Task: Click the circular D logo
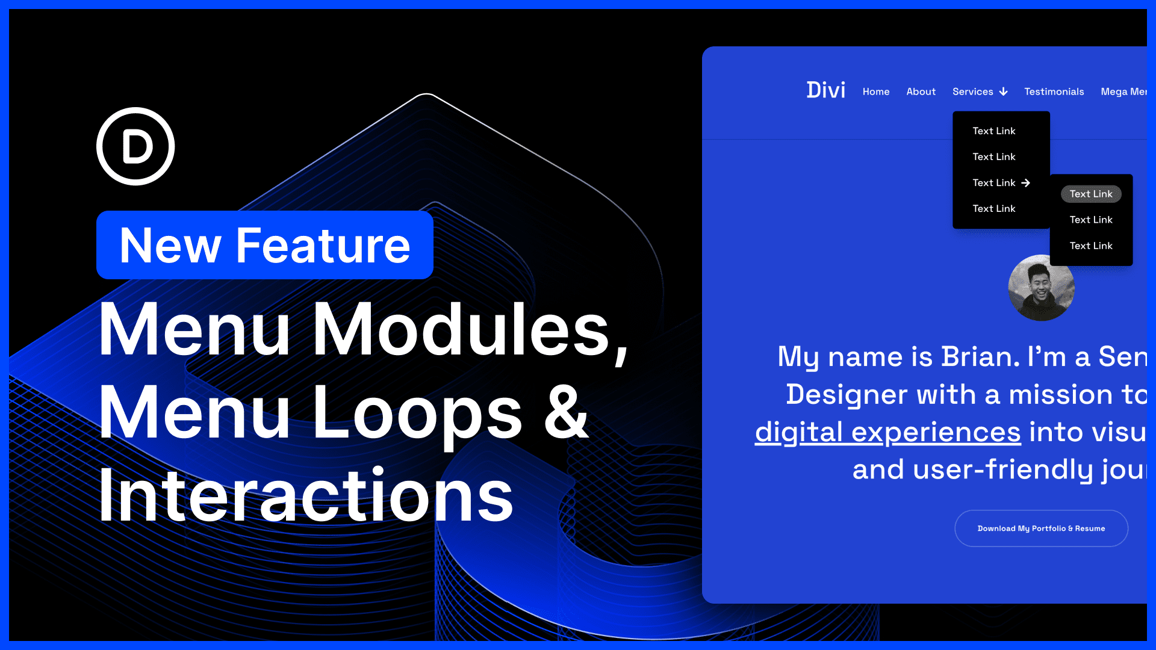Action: [135, 146]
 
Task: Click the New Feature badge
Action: [265, 245]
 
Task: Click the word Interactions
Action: [305, 495]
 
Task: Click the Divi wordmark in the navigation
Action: [825, 90]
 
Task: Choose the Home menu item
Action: [875, 91]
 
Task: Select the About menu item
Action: [921, 91]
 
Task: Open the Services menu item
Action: [972, 91]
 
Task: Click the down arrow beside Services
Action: [1003, 91]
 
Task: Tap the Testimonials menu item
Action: [1054, 91]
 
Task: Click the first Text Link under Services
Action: [993, 131]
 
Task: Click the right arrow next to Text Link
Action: [1025, 182]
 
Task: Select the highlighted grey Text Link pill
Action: [1090, 194]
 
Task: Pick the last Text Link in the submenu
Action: [1090, 246]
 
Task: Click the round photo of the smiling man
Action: [1041, 288]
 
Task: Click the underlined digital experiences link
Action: [887, 432]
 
